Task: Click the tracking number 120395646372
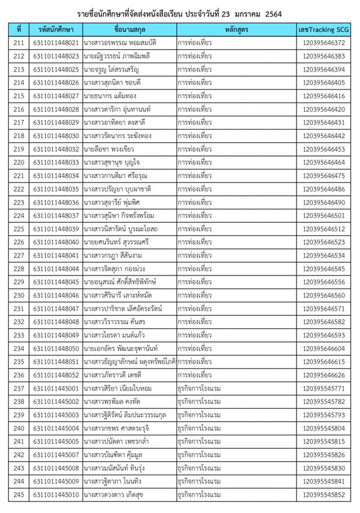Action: point(323,43)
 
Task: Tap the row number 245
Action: point(19,495)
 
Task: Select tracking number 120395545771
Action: point(323,388)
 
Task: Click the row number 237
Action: point(19,388)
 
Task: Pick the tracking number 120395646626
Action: point(323,375)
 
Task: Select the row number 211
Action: point(19,43)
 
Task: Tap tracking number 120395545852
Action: point(323,495)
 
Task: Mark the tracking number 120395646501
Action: point(323,215)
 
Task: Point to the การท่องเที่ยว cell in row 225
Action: point(194,229)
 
